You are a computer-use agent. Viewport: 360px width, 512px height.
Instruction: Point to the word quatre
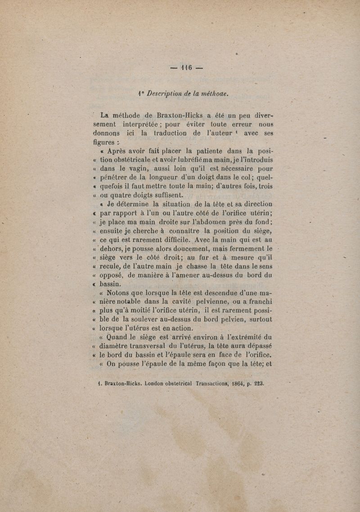[x=125, y=195]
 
